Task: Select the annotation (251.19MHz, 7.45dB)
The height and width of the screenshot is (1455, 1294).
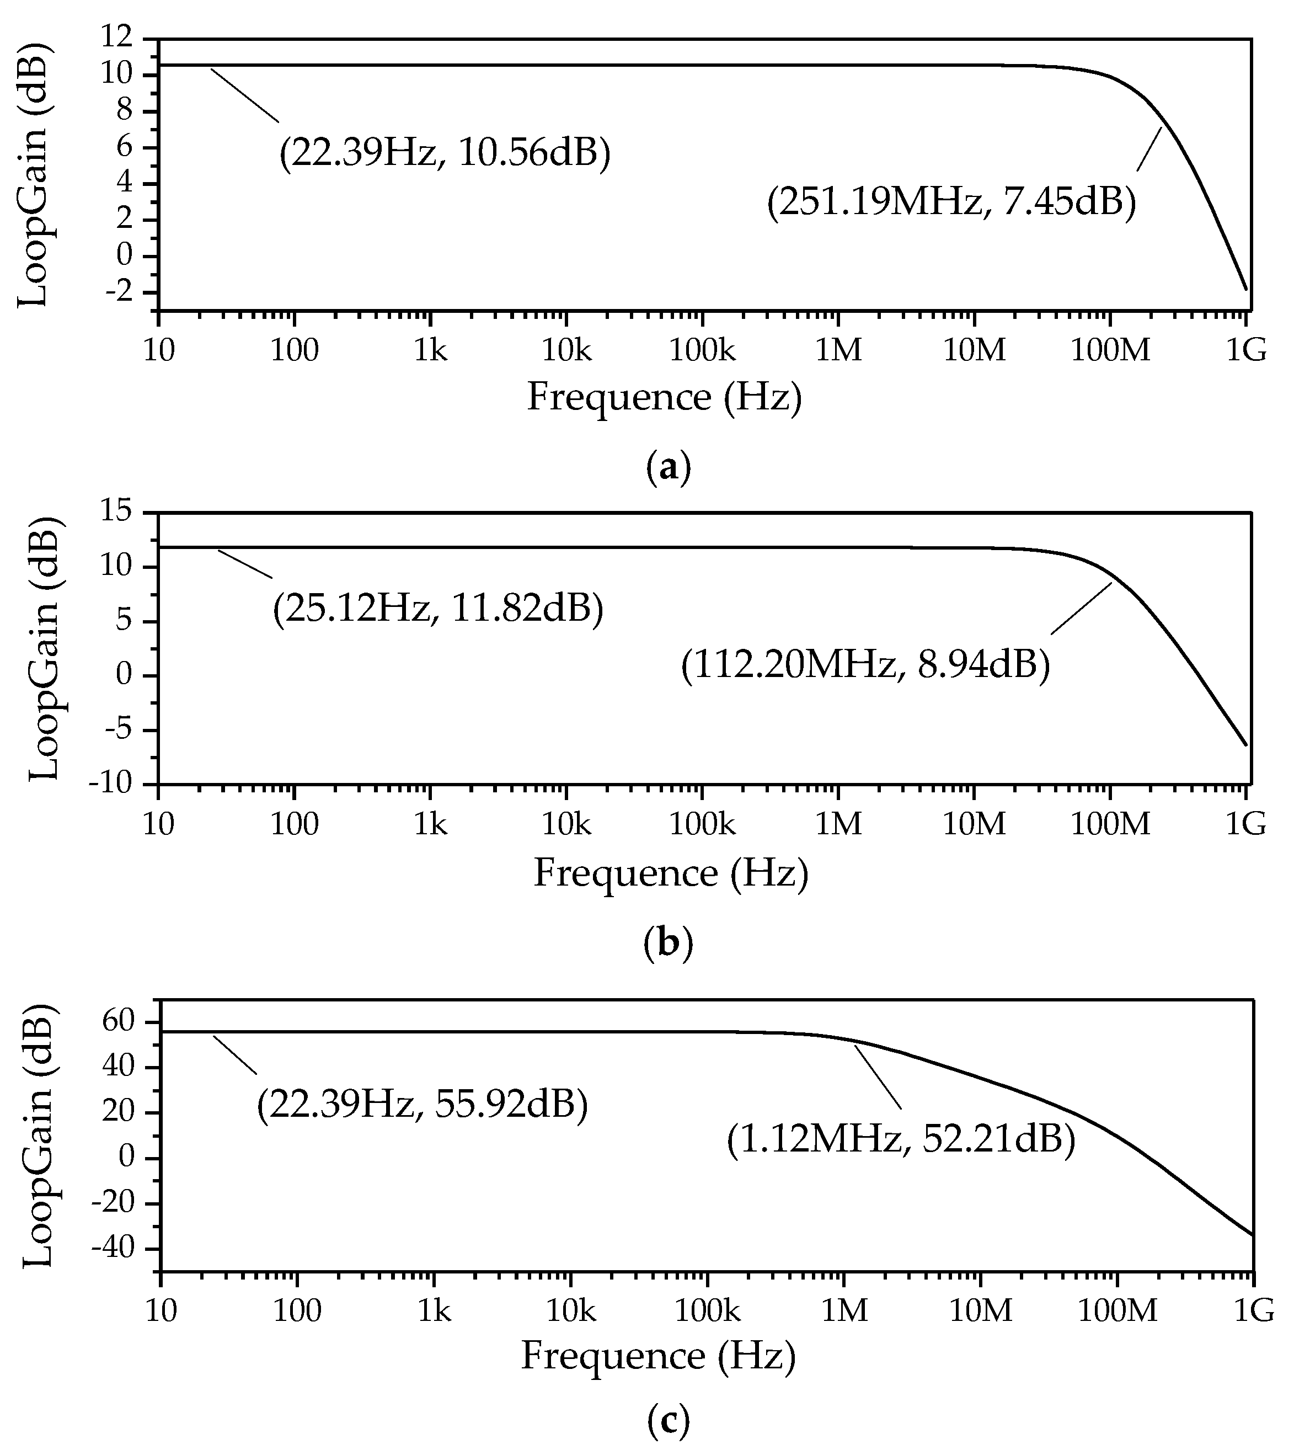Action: click(x=951, y=201)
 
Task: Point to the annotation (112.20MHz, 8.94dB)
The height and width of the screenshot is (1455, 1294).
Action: click(x=865, y=665)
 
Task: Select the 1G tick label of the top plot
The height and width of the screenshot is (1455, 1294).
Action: click(x=1245, y=349)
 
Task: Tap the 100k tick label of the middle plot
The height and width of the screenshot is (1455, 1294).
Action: click(x=701, y=824)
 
